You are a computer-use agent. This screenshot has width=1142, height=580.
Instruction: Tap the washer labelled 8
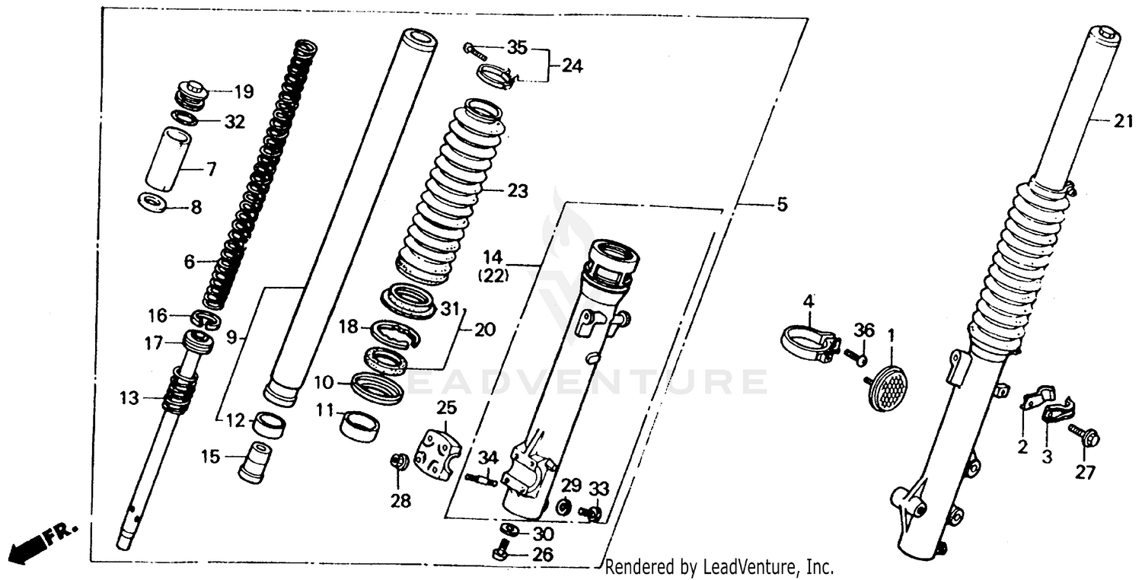point(154,204)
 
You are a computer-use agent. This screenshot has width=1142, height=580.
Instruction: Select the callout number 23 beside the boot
point(517,190)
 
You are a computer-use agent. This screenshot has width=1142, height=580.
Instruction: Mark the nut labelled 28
point(397,461)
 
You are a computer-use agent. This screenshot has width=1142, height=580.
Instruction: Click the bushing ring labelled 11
point(359,425)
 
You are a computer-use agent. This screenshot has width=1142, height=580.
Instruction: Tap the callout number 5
point(782,205)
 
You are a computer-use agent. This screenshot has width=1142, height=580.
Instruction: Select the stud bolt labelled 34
point(481,479)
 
